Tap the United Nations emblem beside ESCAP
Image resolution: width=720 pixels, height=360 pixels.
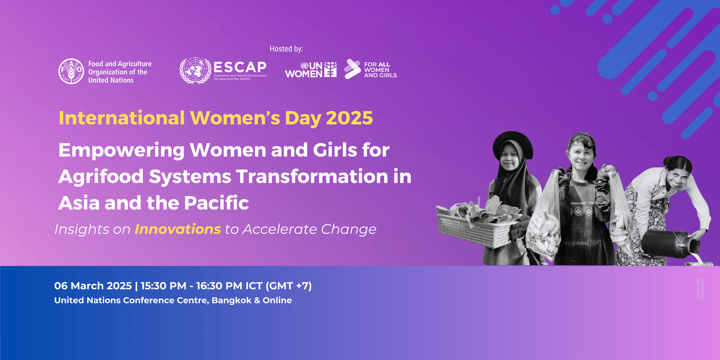click(x=195, y=71)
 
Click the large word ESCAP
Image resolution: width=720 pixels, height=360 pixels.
click(x=240, y=67)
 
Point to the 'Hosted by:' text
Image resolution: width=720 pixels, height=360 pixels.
click(x=286, y=49)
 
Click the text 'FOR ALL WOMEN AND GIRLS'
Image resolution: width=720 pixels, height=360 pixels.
click(x=380, y=70)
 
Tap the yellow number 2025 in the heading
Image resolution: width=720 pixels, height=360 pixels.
click(x=349, y=118)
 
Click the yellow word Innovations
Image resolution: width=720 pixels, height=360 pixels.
click(x=178, y=229)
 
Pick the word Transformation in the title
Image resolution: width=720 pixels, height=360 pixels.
click(x=312, y=177)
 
